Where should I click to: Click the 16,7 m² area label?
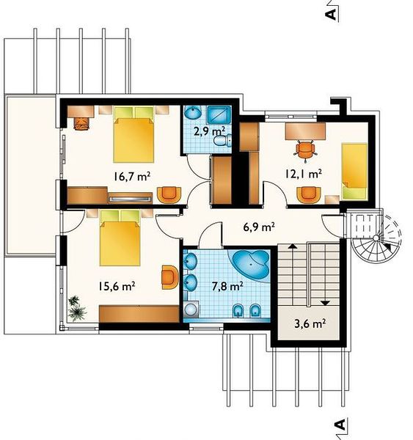coord(132,177)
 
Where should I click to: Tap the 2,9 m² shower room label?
coord(209,131)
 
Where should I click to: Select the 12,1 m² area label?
coord(303,174)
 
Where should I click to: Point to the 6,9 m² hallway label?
coord(258,227)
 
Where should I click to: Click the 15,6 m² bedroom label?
coord(117,286)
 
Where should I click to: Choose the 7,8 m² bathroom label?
coord(227,286)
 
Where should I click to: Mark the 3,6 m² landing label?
coord(310,323)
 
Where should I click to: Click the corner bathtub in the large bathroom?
coord(250,263)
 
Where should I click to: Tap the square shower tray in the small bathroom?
coord(219,114)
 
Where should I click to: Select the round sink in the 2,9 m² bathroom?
coord(193,112)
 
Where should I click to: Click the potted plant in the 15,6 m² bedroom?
coord(76,308)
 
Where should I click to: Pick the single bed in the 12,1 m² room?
coord(354,172)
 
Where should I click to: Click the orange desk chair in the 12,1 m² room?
coord(305,151)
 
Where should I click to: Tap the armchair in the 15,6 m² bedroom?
coord(169,277)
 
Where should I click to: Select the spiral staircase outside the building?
coord(376,238)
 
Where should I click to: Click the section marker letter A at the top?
coord(332,13)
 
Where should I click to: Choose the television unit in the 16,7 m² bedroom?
coord(130,198)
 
